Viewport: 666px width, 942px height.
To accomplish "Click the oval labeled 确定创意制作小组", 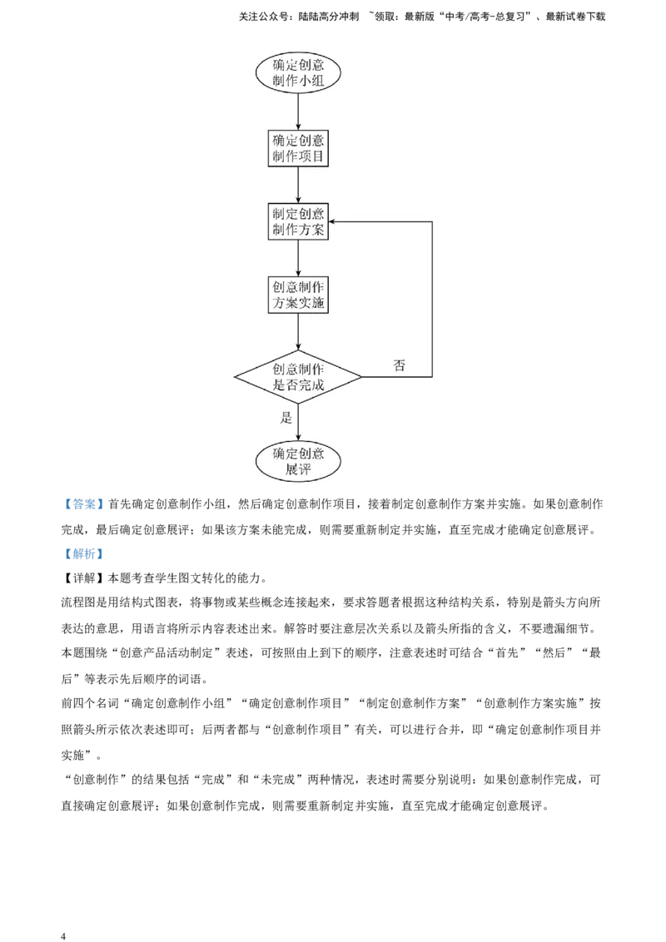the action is [x=298, y=72].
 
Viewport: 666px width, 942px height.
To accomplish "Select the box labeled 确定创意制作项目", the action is [x=298, y=148].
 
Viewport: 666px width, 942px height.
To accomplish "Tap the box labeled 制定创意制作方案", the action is [x=298, y=221].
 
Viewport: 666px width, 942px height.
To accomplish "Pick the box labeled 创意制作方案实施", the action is [x=298, y=295].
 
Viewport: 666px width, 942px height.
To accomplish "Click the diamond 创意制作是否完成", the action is [x=298, y=377].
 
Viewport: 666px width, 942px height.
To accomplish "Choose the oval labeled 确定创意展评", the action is [x=298, y=461].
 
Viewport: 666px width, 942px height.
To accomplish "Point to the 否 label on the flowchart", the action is [x=399, y=365].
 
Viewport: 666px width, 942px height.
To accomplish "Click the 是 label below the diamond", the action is [x=286, y=418].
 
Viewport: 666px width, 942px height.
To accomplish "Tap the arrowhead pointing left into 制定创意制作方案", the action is [x=332, y=221].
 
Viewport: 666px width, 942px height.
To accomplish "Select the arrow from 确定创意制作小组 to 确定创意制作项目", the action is [x=298, y=112].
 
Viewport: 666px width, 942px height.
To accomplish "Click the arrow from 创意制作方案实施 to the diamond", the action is [x=298, y=332].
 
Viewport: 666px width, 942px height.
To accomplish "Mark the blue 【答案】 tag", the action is [x=84, y=504].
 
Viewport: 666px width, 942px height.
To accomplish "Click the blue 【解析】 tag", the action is [x=84, y=553].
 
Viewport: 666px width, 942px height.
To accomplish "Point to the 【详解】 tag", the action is [x=84, y=578].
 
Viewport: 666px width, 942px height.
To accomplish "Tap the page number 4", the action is [x=63, y=935].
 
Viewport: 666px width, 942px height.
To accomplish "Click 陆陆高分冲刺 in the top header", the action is [x=328, y=17].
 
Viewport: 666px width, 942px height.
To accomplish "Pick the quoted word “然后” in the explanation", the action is [x=554, y=652].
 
